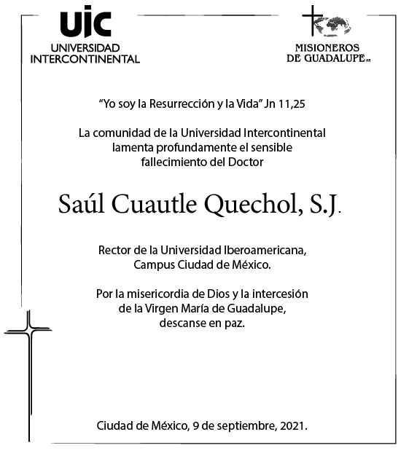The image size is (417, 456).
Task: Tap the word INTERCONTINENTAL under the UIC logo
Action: tap(85, 59)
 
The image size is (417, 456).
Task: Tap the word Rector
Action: tap(115, 251)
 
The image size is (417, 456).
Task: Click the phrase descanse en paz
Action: tap(203, 323)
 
